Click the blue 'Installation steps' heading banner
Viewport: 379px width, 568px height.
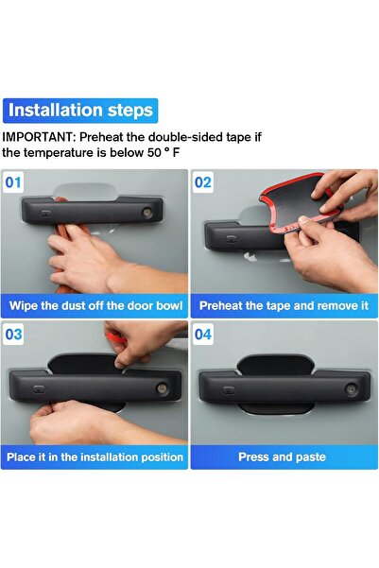[80, 110]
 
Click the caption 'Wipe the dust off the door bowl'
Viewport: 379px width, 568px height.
[95, 306]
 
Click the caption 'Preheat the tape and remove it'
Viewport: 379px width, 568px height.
[284, 306]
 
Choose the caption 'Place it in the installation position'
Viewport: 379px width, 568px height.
[95, 457]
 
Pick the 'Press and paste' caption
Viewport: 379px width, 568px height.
[284, 457]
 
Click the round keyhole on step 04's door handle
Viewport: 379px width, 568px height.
[351, 389]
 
